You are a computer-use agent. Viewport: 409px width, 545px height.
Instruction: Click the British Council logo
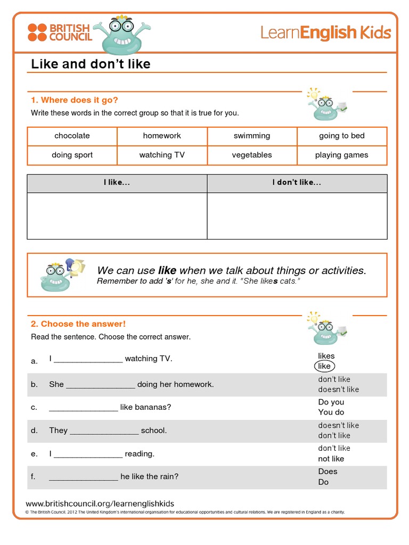point(60,32)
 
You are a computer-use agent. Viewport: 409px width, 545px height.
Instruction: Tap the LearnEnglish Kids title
point(325,32)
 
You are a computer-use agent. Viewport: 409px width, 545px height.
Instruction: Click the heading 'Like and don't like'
point(91,64)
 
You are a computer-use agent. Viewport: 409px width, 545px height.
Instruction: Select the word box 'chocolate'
point(72,136)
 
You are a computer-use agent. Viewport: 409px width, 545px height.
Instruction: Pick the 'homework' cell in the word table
point(162,136)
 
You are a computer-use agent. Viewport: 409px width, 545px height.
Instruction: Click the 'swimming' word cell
point(252,136)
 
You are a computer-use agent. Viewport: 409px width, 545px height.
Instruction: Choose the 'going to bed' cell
point(342,136)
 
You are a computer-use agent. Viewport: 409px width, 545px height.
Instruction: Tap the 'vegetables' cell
point(252,155)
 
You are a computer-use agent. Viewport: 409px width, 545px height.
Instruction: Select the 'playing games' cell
point(342,155)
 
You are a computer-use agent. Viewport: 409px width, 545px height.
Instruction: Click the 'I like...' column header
point(117,183)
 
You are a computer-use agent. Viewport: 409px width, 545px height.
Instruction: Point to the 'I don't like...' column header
point(297,183)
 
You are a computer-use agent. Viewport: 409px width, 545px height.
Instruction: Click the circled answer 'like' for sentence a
point(324,366)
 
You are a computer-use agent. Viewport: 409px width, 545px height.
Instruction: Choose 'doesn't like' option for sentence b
point(338,390)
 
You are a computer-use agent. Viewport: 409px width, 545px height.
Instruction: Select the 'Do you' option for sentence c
point(331,402)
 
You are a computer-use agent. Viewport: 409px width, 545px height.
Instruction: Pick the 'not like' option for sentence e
point(331,459)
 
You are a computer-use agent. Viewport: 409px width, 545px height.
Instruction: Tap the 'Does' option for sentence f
point(328,472)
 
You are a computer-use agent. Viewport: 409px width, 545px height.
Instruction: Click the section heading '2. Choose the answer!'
point(78,324)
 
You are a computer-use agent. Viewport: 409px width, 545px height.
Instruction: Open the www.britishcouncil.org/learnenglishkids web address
point(100,503)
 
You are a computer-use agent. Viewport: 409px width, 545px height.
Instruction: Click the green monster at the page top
point(116,35)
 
